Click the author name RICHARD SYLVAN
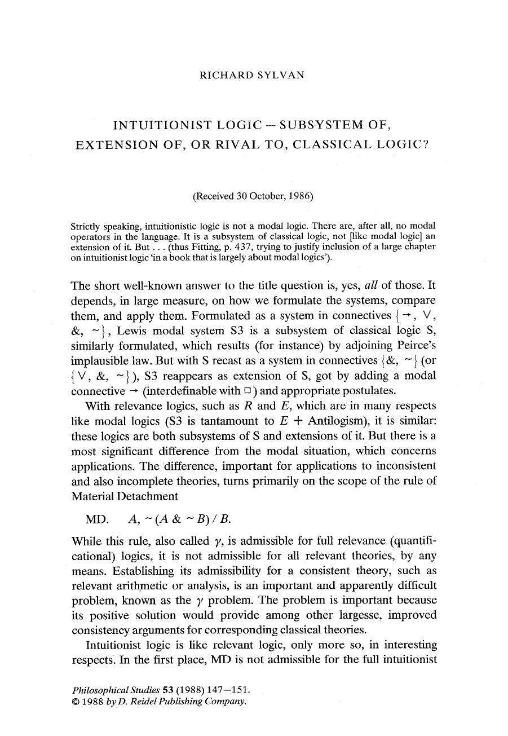click(252, 75)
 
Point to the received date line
click(253, 196)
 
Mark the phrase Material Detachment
click(125, 496)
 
